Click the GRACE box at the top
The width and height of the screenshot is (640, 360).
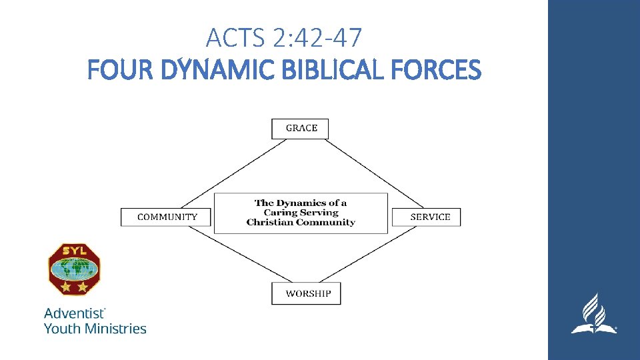pos(300,129)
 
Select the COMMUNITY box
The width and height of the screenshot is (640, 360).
pos(166,217)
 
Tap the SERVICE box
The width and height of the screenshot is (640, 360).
pos(426,217)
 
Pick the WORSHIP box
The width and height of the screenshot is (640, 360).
pos(306,293)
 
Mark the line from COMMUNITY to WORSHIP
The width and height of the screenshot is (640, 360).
pos(230,255)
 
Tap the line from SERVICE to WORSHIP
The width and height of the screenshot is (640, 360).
pos(377,256)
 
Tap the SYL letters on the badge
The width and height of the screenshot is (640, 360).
pos(73,251)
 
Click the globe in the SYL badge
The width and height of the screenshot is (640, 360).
pos(73,269)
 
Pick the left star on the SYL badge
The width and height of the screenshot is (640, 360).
pos(66,287)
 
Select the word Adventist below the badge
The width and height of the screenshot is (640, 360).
pos(73,313)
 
